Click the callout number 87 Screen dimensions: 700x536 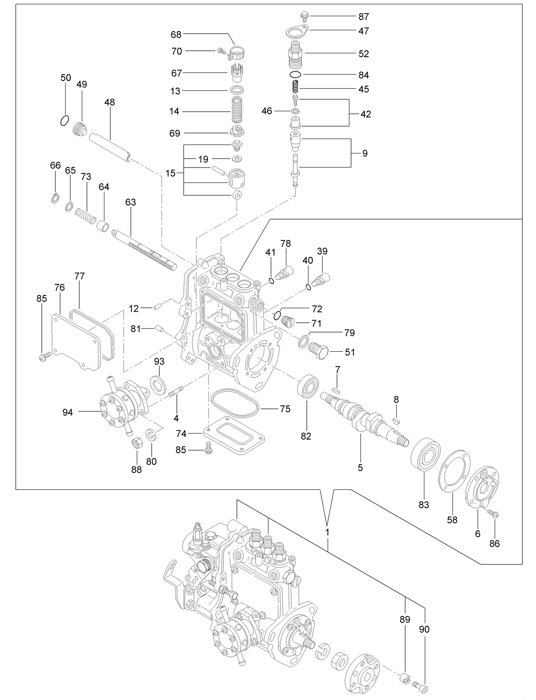click(x=363, y=17)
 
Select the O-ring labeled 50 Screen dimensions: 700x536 click(x=64, y=121)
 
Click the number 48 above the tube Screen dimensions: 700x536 click(x=110, y=102)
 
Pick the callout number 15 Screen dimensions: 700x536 click(x=170, y=174)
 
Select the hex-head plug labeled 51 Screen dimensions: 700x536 click(x=317, y=351)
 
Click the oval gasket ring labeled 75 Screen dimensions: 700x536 click(x=234, y=403)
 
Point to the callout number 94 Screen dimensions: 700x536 click(x=67, y=412)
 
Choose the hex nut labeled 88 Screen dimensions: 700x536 click(x=136, y=443)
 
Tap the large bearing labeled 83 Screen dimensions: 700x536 click(x=425, y=454)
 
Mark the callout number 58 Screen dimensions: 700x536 click(x=452, y=520)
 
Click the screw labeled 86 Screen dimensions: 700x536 click(x=494, y=515)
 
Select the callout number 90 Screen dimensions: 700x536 click(x=424, y=629)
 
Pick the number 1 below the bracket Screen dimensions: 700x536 click(x=327, y=532)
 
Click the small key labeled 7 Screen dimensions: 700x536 click(x=336, y=389)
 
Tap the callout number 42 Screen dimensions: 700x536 click(x=366, y=114)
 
